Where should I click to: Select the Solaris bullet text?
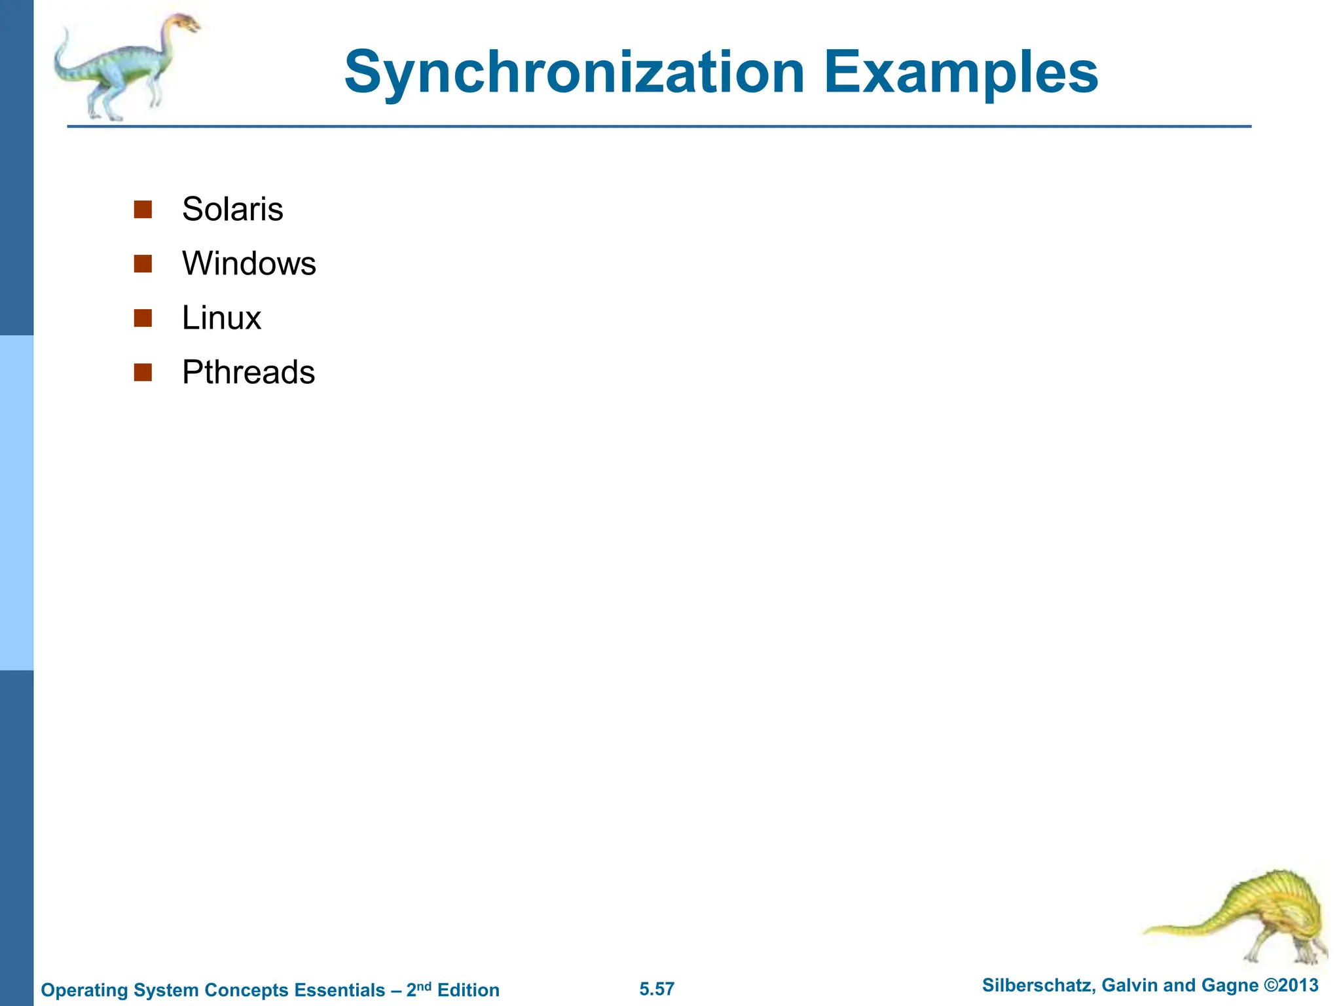232,210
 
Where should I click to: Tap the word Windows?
249,264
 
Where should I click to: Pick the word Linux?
221,318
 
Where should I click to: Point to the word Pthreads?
248,373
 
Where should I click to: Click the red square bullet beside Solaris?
143,210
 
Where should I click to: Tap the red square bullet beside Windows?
143,264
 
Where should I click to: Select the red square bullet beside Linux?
143,318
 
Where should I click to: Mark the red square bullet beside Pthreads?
143,373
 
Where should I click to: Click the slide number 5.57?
657,989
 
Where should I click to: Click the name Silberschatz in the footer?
1037,986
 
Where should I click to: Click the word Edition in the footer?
468,990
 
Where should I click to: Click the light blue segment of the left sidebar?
16,502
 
